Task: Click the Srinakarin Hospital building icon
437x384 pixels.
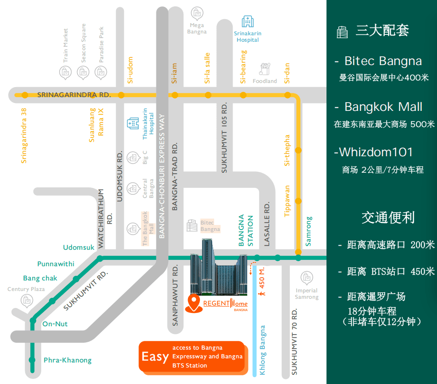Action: click(248, 22)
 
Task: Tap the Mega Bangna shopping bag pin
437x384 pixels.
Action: click(197, 13)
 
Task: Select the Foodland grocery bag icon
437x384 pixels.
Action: click(265, 69)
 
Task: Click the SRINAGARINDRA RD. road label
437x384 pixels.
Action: click(74, 95)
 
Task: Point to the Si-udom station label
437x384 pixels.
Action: click(130, 70)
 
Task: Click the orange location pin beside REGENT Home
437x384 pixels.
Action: click(194, 303)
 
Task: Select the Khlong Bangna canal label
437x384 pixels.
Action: click(263, 350)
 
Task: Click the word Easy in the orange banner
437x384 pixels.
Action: click(155, 357)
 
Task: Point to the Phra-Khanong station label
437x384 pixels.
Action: click(68, 360)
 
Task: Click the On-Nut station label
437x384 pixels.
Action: click(55, 324)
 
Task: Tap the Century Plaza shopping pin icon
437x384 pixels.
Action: click(27, 301)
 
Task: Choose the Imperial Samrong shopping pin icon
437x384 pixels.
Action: click(307, 278)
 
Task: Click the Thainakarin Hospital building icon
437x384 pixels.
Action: click(133, 123)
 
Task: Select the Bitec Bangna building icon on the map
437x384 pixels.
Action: click(192, 225)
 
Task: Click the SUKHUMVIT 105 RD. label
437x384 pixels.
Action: click(224, 137)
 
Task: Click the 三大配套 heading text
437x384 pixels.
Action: click(382, 30)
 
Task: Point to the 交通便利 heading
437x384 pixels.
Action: click(388, 218)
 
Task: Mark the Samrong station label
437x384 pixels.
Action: click(309, 231)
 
